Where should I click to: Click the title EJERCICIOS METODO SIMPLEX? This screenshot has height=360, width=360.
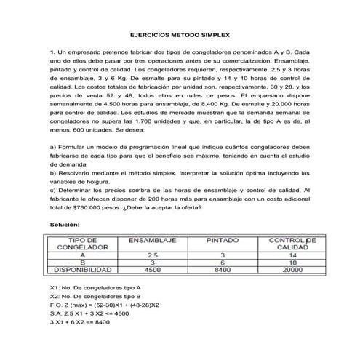tap(180, 34)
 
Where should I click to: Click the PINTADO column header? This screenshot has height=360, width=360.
tap(223, 240)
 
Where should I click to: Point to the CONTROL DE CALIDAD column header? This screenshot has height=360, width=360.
tap(290, 244)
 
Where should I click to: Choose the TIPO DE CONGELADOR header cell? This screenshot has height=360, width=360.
tap(84, 244)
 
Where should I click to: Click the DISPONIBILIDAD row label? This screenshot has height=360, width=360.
tap(84, 270)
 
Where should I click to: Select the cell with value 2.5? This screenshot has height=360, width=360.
tap(153, 255)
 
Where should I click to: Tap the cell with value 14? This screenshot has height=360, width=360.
tap(291, 255)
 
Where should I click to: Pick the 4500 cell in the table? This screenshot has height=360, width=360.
tap(153, 270)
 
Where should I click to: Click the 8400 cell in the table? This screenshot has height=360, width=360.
tap(223, 270)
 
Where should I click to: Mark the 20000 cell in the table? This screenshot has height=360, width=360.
tap(291, 270)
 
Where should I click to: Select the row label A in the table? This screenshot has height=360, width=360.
tap(84, 255)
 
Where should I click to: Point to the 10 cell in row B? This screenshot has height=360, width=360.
tap(291, 263)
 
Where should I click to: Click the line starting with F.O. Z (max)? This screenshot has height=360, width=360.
tap(105, 305)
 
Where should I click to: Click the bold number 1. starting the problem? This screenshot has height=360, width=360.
tap(52, 54)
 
